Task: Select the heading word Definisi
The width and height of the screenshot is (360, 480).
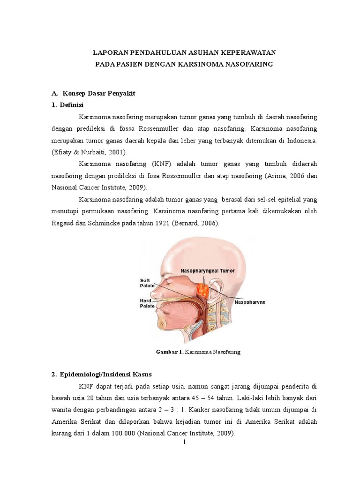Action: tap(70, 105)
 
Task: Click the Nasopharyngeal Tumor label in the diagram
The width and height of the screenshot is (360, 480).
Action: tap(208, 271)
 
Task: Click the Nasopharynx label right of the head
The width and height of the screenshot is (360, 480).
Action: tap(249, 302)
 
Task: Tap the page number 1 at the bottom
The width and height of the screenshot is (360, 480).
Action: tap(185, 442)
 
